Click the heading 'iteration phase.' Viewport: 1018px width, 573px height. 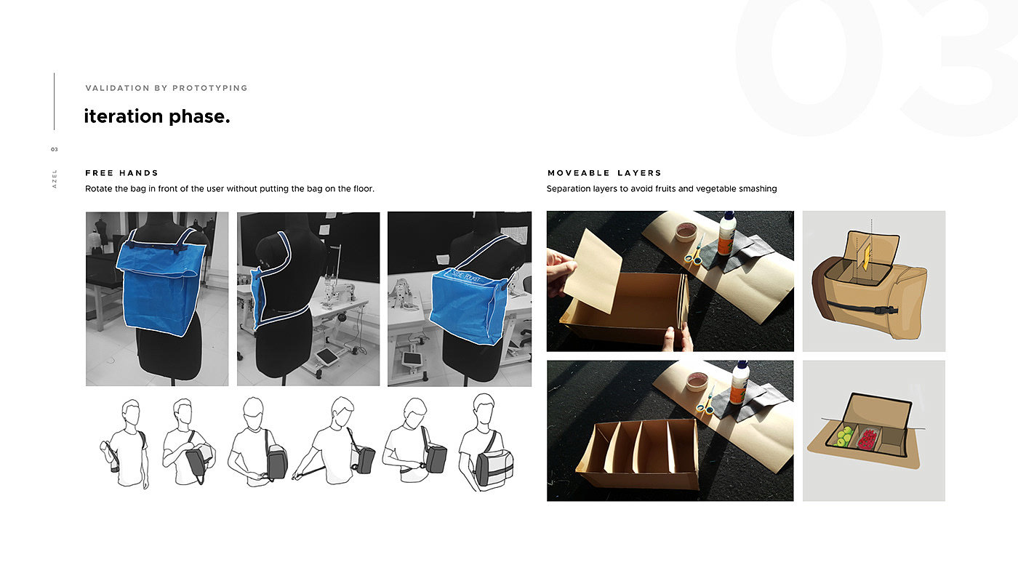point(157,116)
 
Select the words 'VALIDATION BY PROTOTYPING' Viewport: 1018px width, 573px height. point(167,88)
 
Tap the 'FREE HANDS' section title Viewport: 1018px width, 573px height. point(122,173)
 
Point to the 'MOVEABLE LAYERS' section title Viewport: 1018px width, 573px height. point(604,173)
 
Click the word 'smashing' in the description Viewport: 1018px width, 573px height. point(758,189)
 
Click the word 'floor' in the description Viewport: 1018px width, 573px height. point(363,188)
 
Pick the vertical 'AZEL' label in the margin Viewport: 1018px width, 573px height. point(55,179)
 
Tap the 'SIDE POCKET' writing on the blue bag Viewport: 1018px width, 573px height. point(466,277)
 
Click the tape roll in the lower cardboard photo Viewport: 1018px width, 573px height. point(697,382)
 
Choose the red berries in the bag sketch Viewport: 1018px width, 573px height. point(867,439)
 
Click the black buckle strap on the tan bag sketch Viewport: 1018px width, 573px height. point(862,308)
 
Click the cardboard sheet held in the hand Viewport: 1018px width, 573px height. point(593,271)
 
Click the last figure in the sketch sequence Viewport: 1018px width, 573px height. point(486,442)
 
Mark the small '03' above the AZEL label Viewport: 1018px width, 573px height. point(55,150)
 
